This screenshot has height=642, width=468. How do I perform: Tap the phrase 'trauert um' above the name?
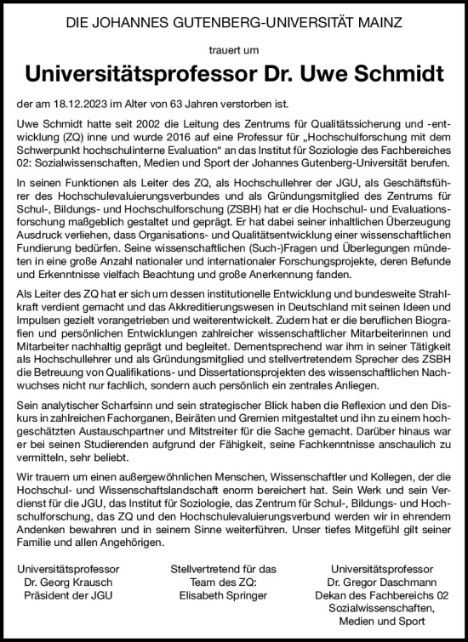tap(233, 49)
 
